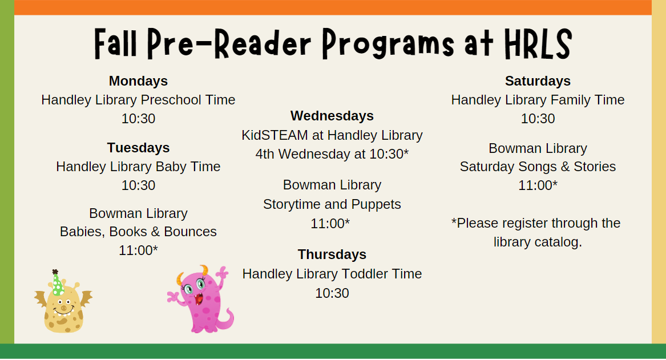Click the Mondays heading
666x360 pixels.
138,80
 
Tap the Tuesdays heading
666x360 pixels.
138,147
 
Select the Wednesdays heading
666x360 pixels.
332,115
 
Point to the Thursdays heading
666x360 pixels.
332,254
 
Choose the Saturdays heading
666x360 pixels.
537,80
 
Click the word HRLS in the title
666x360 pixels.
538,44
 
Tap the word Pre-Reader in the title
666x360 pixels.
229,44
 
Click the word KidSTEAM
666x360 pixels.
275,135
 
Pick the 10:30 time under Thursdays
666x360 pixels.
332,293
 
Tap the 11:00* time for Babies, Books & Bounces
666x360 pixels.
138,250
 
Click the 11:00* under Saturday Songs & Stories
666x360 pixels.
537,185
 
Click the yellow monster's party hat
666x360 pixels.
57,283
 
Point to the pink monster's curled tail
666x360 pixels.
224,321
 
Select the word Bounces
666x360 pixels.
190,232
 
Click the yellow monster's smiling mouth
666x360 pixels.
64,313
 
